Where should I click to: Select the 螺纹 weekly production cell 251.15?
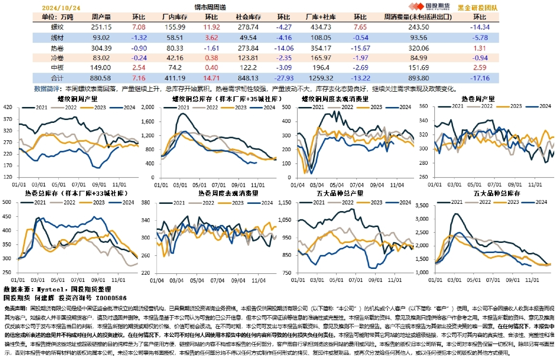101,27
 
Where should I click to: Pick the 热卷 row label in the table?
57,48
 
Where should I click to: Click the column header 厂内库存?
175,17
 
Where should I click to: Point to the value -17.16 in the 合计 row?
480,78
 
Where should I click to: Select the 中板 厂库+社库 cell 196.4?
321,67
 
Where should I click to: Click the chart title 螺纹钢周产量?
78,98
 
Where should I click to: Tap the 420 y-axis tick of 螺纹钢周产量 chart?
9,107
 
